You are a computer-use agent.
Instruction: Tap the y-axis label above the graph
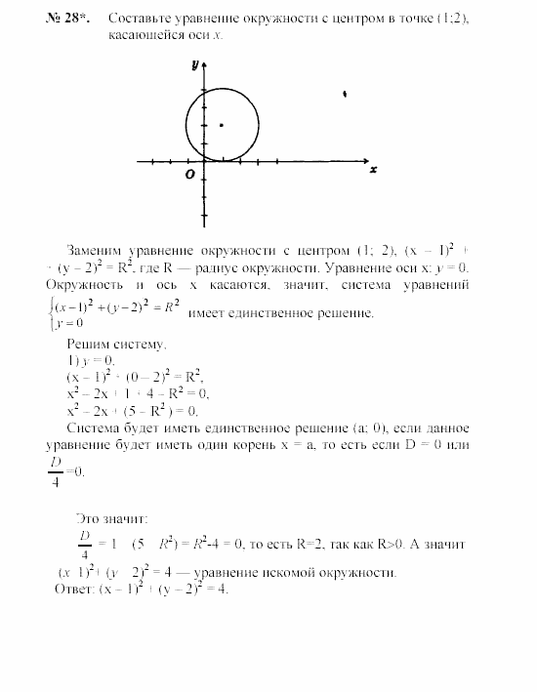(195, 64)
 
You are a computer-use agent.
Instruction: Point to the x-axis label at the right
(373, 169)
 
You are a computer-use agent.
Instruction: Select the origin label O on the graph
(191, 174)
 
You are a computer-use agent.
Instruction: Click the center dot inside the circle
(223, 125)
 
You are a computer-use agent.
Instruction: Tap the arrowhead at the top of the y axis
(204, 65)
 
